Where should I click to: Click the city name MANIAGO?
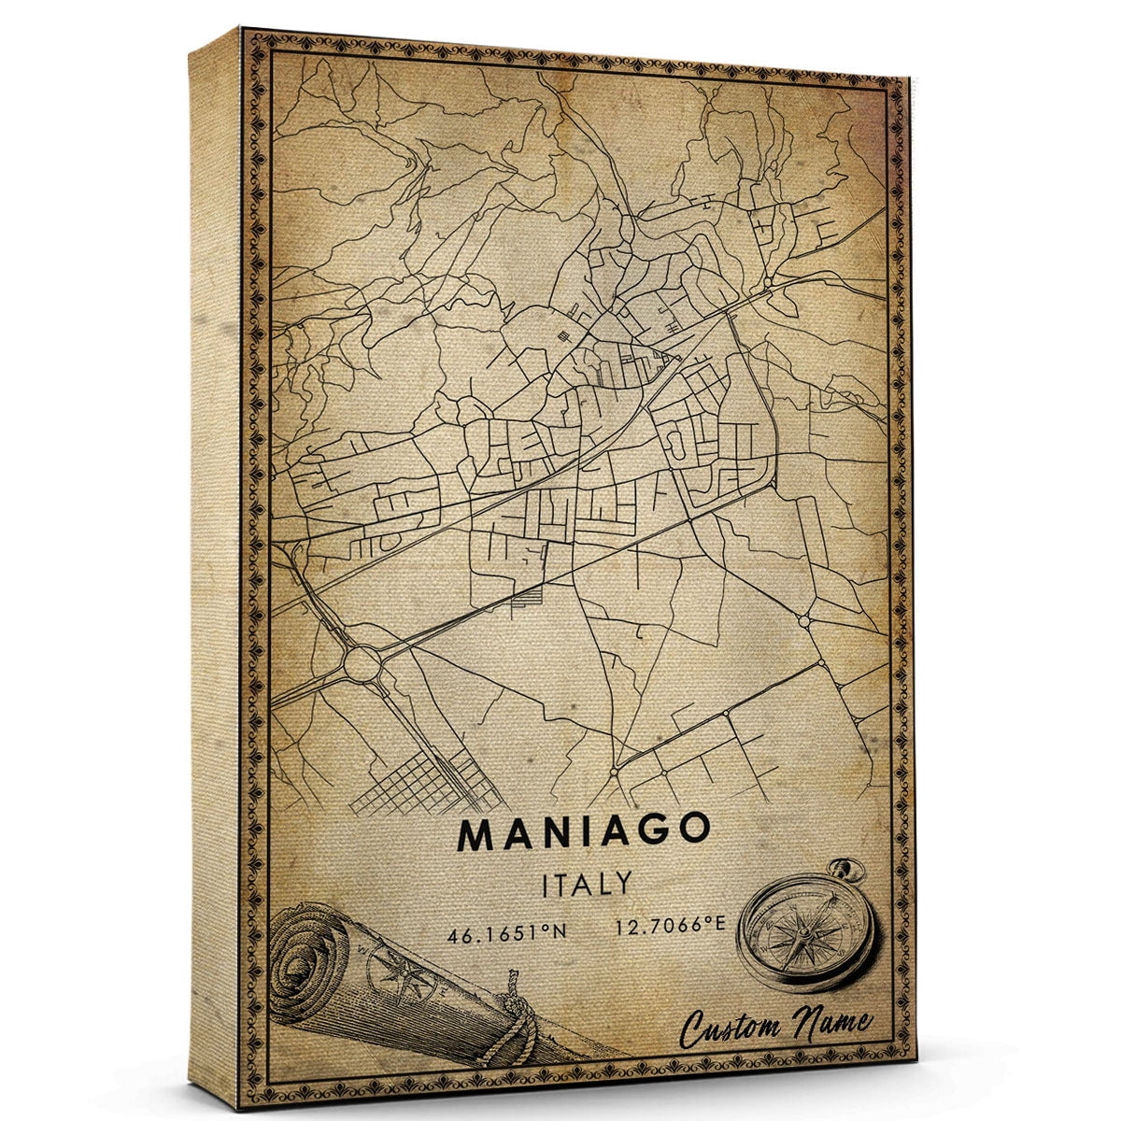coord(584,833)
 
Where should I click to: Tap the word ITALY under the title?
coord(586,884)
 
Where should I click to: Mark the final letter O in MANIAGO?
coord(693,831)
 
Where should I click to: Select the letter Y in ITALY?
coord(623,884)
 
